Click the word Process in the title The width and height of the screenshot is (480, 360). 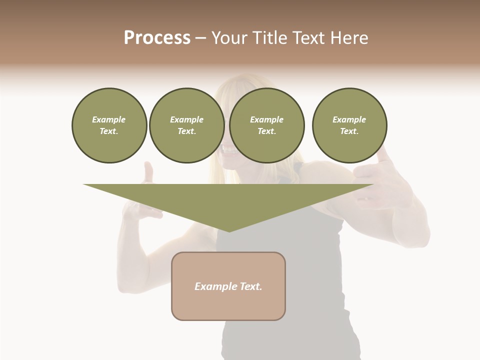(157, 38)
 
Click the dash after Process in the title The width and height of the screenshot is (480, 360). (201, 39)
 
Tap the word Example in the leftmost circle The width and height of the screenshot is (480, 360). (109, 119)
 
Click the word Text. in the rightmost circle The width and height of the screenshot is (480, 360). (349, 131)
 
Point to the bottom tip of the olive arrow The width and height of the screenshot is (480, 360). (229, 231)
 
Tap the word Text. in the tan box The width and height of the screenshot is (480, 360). (251, 286)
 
